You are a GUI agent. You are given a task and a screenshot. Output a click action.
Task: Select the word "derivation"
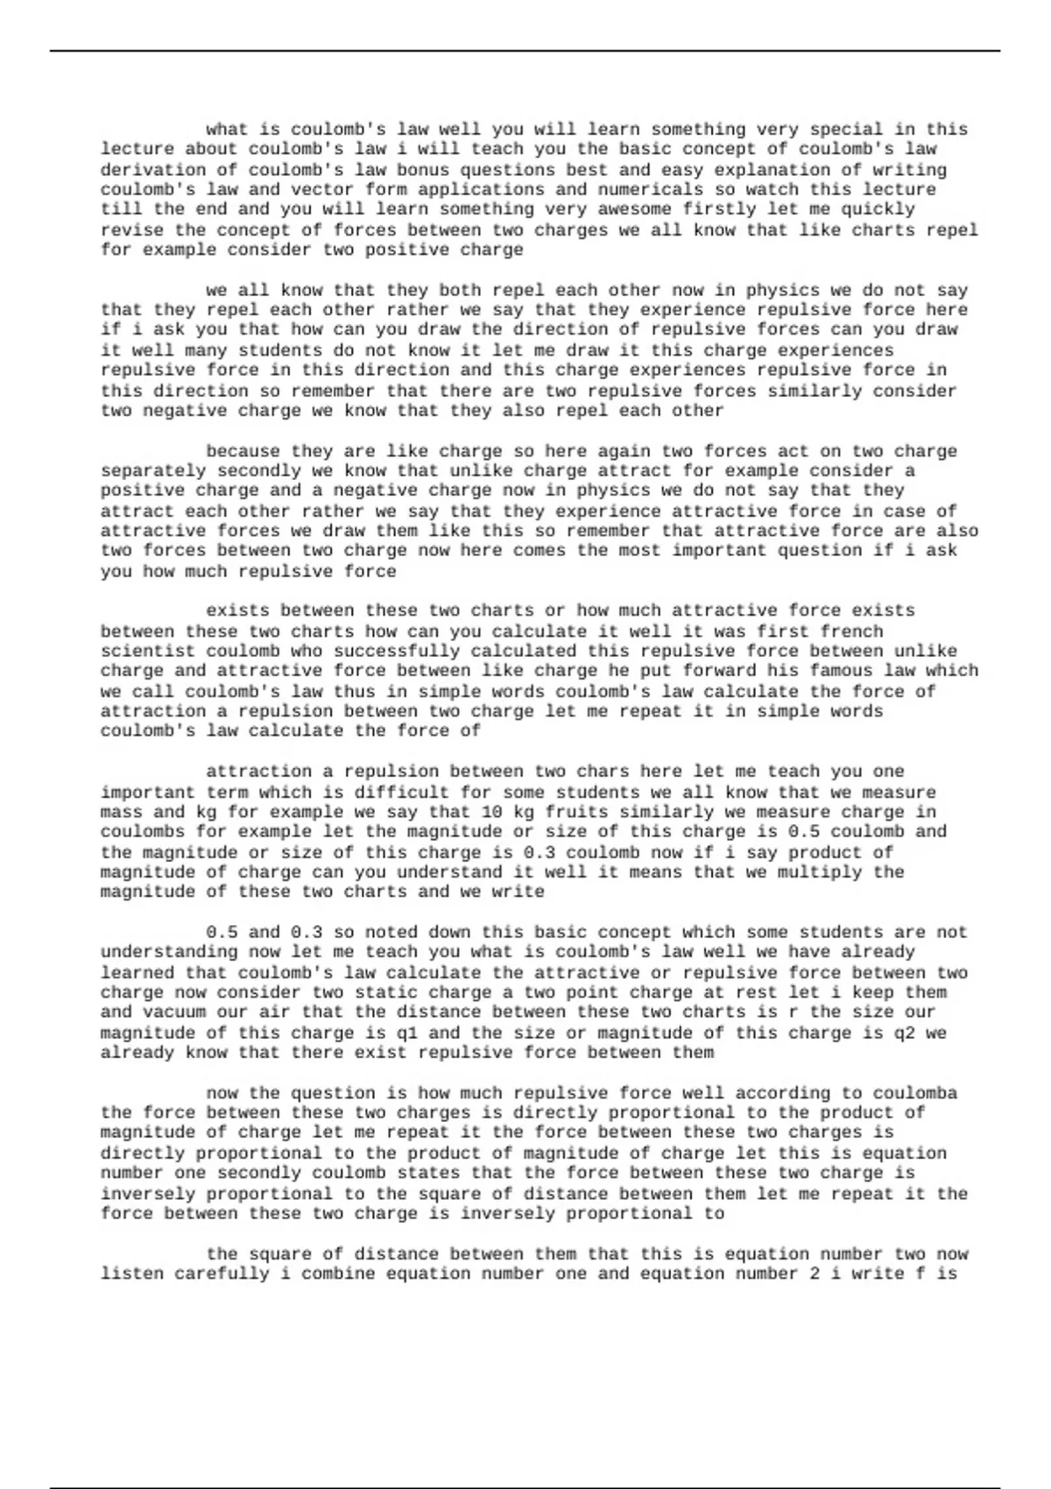(152, 170)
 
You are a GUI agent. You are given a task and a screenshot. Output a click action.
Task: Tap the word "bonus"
(424, 170)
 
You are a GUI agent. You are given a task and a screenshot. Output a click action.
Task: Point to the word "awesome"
(636, 209)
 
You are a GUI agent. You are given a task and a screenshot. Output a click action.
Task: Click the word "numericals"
(651, 189)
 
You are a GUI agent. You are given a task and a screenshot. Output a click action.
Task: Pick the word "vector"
(323, 189)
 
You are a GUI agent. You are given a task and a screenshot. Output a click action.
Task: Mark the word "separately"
(152, 471)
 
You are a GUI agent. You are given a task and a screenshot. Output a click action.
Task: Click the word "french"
(852, 632)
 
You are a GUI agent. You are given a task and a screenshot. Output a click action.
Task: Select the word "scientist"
(147, 652)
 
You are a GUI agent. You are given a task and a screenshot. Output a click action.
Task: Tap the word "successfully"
(397, 652)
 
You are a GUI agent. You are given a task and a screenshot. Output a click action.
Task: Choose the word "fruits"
(576, 812)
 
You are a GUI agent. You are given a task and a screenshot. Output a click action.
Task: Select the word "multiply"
(821, 872)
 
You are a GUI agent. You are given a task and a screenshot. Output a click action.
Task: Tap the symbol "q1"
(407, 1033)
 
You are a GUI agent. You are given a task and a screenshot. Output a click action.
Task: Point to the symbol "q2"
(905, 1033)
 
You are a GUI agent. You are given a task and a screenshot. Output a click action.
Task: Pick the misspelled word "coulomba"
(915, 1093)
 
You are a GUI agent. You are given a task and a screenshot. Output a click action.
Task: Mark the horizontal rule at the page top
(525, 51)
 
